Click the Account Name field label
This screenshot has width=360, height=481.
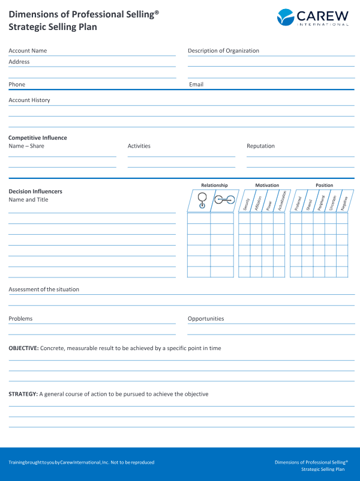click(x=28, y=51)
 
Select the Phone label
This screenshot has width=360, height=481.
click(x=17, y=85)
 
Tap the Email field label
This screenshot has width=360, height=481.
click(x=196, y=85)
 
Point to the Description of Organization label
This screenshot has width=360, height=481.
click(x=223, y=51)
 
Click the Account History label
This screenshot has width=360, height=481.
click(x=29, y=100)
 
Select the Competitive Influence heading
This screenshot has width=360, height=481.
click(x=38, y=138)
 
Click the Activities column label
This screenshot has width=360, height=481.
click(x=139, y=146)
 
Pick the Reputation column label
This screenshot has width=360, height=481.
click(x=260, y=146)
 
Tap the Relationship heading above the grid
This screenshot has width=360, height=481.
click(x=214, y=186)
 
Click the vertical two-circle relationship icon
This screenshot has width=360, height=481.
click(x=202, y=201)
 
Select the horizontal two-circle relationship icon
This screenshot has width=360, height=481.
click(x=224, y=201)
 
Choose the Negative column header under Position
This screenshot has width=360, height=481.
click(x=343, y=202)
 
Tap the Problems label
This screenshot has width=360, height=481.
click(x=20, y=319)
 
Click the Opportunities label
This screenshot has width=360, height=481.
click(x=206, y=319)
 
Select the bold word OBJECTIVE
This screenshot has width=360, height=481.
click(x=23, y=348)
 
